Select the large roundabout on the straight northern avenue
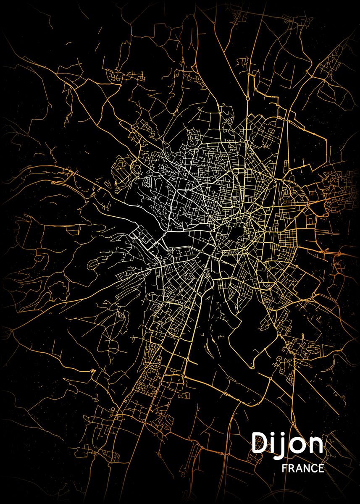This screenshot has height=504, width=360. pyautogui.click(x=248, y=97)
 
